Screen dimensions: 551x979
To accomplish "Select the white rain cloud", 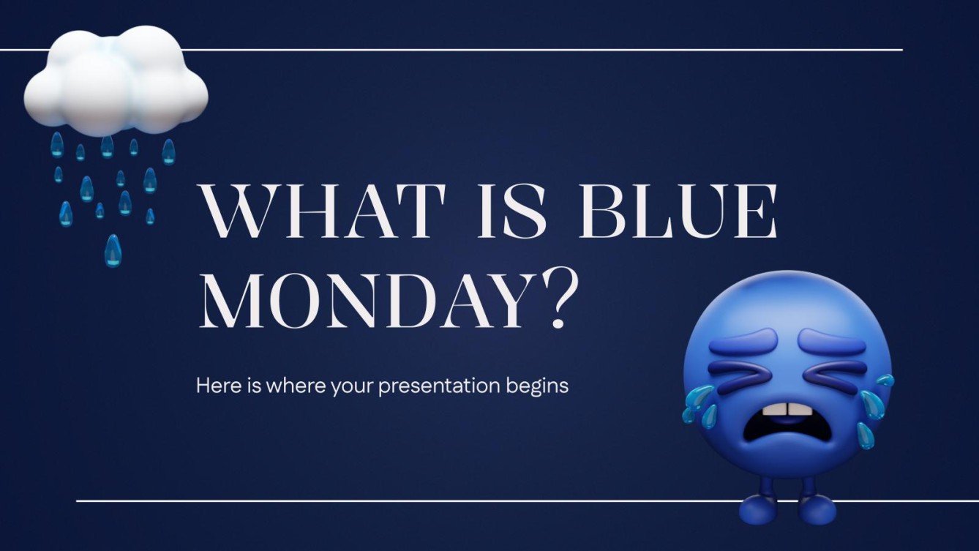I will click(115, 82).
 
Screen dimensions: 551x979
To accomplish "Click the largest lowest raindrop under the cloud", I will click(112, 250).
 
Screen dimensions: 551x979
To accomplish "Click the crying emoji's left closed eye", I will click(740, 372).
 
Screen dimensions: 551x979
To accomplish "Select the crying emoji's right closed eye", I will click(834, 372).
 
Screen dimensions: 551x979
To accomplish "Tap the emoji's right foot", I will click(816, 508).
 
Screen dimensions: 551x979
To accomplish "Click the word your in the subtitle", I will click(352, 386).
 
